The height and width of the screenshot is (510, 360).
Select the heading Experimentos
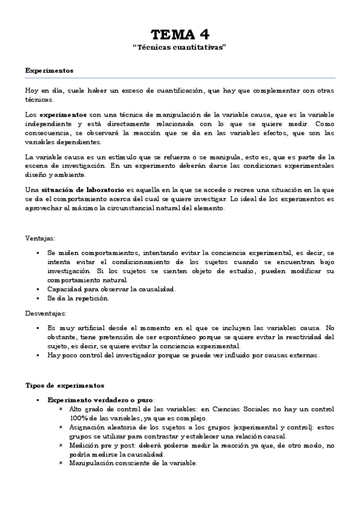point(49,70)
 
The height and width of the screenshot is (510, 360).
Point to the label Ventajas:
point(41,238)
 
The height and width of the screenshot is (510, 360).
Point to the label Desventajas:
point(46,313)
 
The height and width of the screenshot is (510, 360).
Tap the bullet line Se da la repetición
point(79,298)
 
